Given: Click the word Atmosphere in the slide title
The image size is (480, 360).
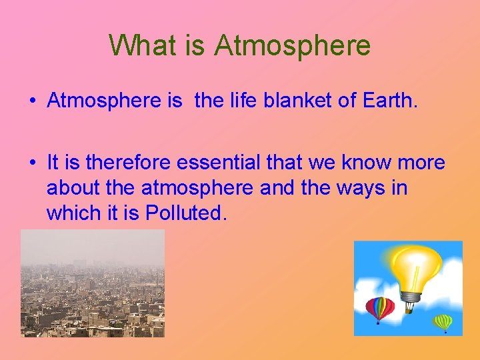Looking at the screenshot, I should pos(293,45).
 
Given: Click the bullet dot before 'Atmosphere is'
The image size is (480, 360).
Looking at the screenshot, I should pos(32,101).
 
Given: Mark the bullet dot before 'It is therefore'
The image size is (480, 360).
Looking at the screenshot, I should pos(32,163).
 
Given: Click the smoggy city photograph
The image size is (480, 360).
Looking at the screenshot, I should pos(92,283).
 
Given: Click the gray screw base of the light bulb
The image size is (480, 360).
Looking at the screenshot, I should pos(411,295).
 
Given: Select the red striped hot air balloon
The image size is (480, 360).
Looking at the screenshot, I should pos(379,307).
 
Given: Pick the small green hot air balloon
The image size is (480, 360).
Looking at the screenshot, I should pos(443,322).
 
